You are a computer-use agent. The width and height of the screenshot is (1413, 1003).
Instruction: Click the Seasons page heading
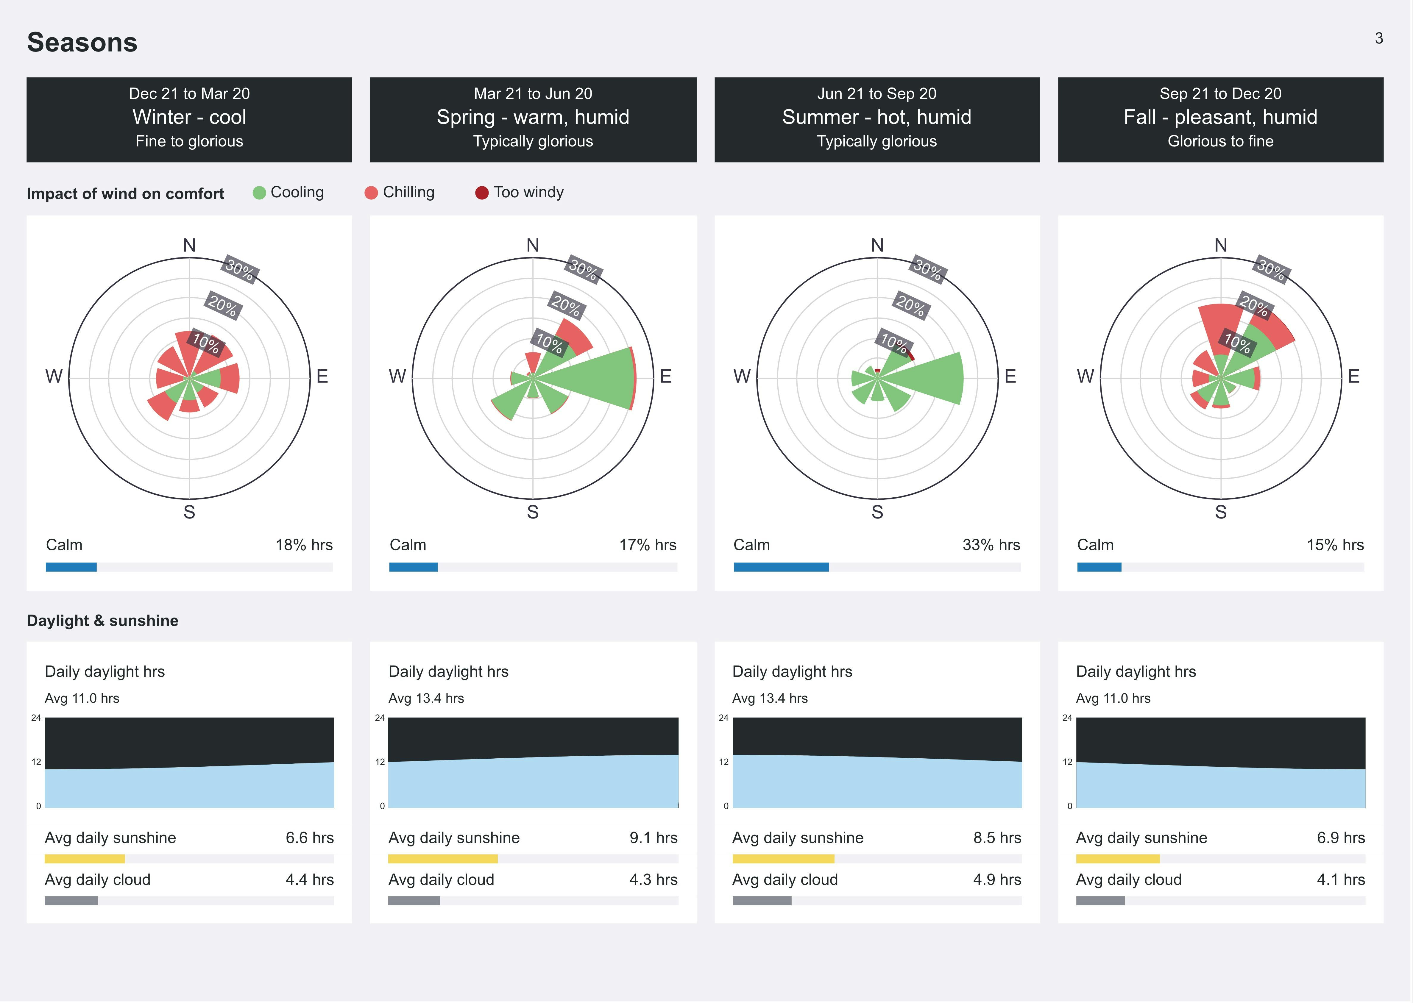coord(82,43)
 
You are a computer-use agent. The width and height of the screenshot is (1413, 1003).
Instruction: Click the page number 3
coord(1378,38)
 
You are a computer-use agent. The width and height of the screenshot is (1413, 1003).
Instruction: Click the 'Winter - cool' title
coord(189,117)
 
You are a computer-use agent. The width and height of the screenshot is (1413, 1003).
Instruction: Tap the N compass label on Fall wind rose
coord(1220,246)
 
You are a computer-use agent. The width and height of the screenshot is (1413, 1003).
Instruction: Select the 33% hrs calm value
coord(991,545)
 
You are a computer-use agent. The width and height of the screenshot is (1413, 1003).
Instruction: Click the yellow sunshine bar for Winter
coord(85,858)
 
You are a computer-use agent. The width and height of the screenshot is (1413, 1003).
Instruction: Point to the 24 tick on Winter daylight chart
coord(36,718)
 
